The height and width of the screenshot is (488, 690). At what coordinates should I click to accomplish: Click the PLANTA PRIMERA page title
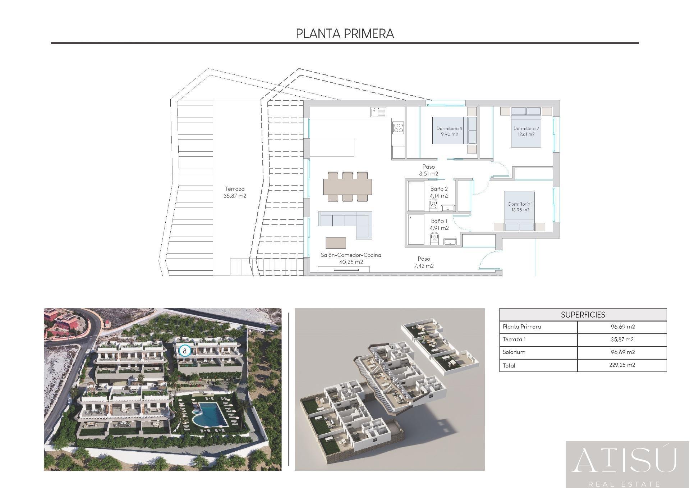tap(345, 33)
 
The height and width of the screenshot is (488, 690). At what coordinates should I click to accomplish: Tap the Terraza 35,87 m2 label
tap(235, 192)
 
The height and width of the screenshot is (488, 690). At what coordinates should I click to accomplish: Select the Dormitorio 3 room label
tap(449, 131)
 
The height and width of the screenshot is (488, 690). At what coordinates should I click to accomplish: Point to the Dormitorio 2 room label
tap(526, 131)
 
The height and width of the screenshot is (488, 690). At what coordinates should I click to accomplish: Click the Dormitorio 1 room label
tap(520, 207)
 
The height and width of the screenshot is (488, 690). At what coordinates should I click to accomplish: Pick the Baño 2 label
tap(439, 192)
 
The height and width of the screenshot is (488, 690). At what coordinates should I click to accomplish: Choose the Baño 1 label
tap(439, 224)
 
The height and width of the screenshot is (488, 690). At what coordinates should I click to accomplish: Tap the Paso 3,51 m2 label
tap(428, 170)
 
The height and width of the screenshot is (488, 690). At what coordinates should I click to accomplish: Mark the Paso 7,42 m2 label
tap(424, 262)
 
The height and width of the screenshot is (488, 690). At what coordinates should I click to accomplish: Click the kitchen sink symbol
tap(378, 112)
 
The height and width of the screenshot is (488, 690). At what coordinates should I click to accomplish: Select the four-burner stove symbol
tap(398, 127)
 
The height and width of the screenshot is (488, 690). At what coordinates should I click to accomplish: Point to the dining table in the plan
tap(348, 187)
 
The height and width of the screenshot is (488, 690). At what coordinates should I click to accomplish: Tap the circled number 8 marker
tap(185, 351)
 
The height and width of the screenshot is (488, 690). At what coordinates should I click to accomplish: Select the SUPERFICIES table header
tap(583, 315)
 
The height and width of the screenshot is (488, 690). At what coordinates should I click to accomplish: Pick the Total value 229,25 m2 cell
tap(622, 365)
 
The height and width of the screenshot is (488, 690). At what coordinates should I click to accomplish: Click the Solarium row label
tap(514, 352)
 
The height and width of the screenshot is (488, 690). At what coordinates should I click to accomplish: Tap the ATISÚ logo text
tap(625, 460)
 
